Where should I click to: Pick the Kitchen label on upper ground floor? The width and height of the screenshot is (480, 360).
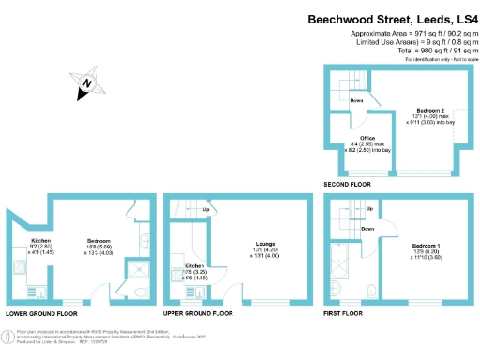[183, 267]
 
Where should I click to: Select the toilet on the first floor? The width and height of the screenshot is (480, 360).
[373, 290]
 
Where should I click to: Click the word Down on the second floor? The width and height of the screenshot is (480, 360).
[356, 100]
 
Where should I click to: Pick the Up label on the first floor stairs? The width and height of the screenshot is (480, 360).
[369, 209]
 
